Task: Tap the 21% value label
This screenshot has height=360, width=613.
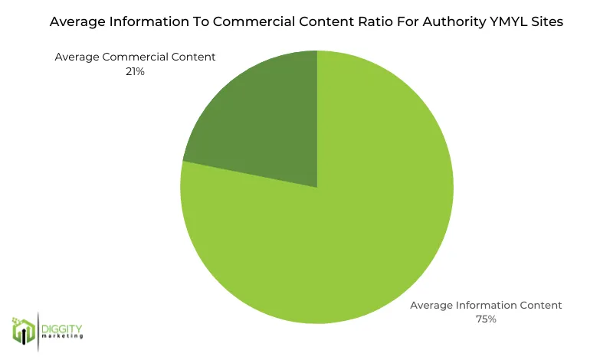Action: pos(136,70)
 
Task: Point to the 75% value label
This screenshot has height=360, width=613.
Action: pos(486,319)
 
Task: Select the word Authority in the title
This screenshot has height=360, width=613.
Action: pos(447,22)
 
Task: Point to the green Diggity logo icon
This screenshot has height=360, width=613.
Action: pos(24,329)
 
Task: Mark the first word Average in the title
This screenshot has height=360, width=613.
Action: pos(76,22)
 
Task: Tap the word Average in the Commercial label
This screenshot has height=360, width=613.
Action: pos(78,57)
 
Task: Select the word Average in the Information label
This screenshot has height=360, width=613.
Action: pos(433,305)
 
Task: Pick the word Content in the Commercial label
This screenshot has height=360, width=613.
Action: pos(195,57)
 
